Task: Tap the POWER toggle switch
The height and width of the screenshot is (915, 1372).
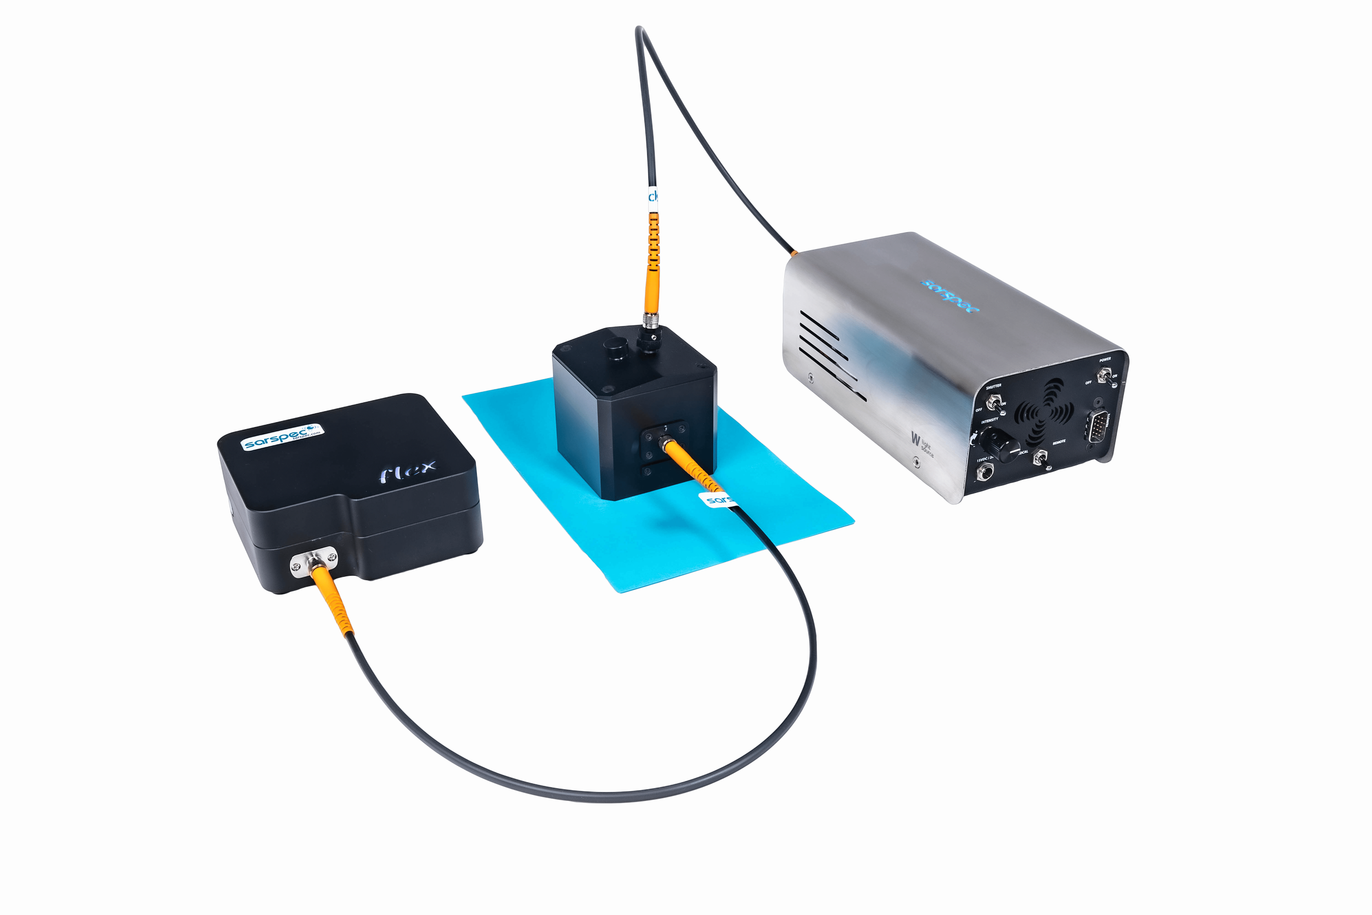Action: (1104, 377)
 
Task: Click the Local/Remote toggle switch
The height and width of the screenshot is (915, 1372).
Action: (1039, 458)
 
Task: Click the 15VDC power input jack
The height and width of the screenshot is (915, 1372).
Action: (985, 471)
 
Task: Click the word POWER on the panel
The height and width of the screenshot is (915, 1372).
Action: (1105, 360)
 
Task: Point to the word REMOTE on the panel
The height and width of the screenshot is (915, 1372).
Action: (1059, 442)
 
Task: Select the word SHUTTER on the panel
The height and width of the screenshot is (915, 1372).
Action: (993, 386)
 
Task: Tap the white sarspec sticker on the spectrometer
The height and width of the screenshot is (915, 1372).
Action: (282, 436)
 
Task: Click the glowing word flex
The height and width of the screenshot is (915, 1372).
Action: (408, 470)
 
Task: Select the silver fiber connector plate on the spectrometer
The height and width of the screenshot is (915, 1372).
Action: (314, 561)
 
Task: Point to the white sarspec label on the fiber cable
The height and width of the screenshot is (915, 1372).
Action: (716, 499)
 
